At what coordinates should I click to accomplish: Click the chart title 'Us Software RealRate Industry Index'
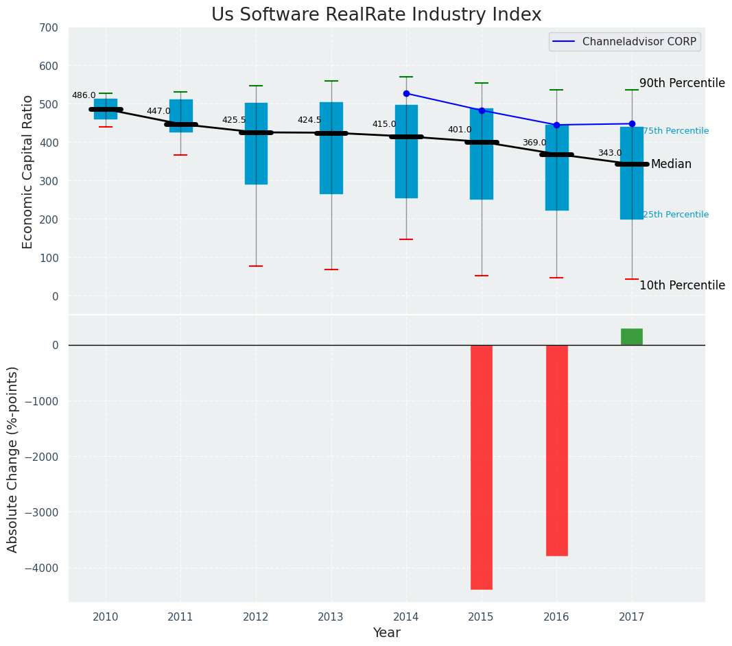[376, 15]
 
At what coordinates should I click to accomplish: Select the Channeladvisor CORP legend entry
[624, 42]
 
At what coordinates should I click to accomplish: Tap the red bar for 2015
[481, 466]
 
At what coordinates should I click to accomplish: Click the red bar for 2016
[556, 450]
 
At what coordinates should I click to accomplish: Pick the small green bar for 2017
[631, 337]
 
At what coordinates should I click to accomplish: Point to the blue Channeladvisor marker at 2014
[406, 93]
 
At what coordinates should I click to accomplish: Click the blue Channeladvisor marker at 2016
[556, 125]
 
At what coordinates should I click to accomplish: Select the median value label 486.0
[84, 96]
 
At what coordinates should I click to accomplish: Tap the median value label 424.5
[309, 120]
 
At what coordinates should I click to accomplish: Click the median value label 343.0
[610, 154]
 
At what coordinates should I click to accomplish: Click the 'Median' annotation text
[671, 165]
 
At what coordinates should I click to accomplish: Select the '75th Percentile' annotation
[675, 131]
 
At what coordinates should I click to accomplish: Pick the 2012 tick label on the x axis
[256, 617]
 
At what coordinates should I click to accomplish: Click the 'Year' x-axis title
[387, 633]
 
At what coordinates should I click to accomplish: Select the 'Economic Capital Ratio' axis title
[28, 172]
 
